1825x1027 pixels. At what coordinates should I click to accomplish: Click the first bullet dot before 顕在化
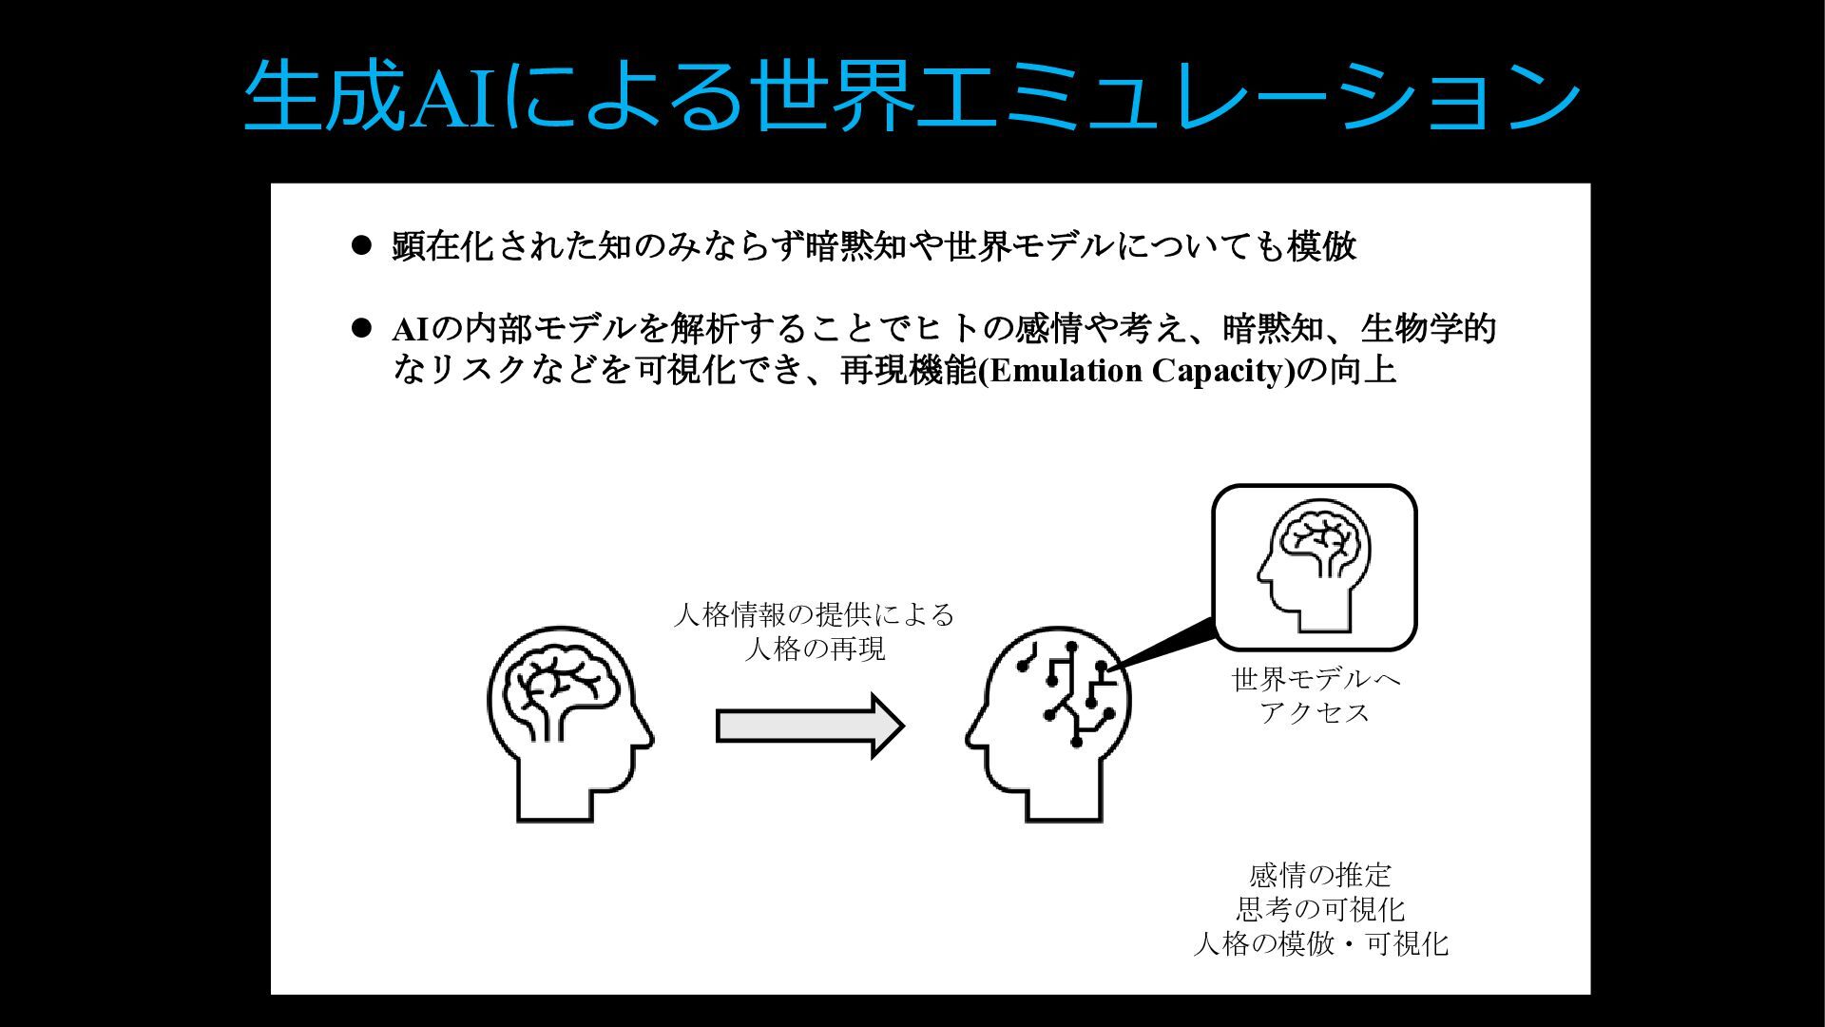tap(360, 245)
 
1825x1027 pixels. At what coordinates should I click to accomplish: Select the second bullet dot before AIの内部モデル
tap(360, 328)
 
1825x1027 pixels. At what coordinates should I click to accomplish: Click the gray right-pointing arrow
tap(809, 727)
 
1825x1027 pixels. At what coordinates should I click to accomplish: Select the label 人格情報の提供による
tap(814, 614)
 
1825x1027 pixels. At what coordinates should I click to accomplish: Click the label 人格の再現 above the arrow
tap(815, 649)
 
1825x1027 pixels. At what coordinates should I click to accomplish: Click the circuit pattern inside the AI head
tap(1068, 690)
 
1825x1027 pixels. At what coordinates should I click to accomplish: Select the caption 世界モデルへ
tap(1316, 679)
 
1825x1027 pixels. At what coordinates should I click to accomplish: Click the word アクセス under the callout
tap(1316, 712)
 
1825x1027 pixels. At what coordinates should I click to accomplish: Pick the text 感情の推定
tap(1320, 875)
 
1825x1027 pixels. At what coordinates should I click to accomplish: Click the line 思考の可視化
tap(1320, 909)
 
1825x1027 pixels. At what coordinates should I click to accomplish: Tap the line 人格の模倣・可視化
tap(1320, 944)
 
